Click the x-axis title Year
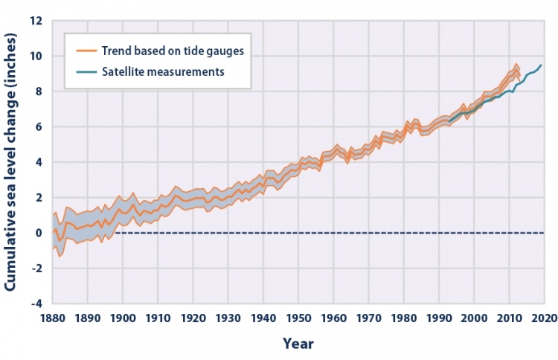click(x=298, y=344)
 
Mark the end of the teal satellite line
click(x=541, y=65)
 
